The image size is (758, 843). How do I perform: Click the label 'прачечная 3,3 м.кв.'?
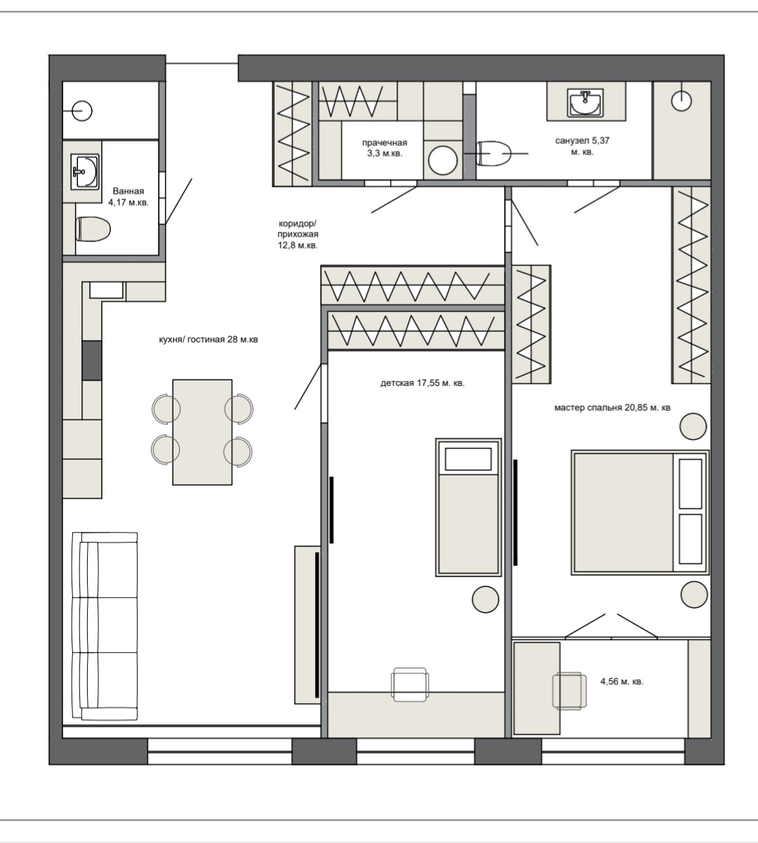[384, 148]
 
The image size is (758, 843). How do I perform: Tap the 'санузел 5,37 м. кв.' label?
[583, 146]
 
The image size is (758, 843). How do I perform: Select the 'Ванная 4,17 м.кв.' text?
[128, 197]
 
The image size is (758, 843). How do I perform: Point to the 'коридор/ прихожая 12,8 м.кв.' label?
[298, 234]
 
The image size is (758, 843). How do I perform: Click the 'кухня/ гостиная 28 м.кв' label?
[208, 339]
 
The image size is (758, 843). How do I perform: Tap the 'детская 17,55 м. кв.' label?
[423, 383]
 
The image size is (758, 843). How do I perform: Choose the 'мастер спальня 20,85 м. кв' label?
[612, 407]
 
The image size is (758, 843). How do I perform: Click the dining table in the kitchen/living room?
[202, 432]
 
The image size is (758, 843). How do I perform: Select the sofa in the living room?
[105, 626]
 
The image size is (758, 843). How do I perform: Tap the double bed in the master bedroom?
[640, 512]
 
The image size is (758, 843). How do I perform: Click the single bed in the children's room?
[468, 507]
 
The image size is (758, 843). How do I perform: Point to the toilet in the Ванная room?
[93, 229]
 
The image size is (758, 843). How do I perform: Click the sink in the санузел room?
[585, 102]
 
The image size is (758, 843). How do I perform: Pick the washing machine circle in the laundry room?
[443, 160]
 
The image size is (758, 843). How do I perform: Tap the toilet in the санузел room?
[493, 154]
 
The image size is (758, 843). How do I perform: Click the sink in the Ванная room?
[86, 171]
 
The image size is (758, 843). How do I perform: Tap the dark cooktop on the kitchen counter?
[92, 361]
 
